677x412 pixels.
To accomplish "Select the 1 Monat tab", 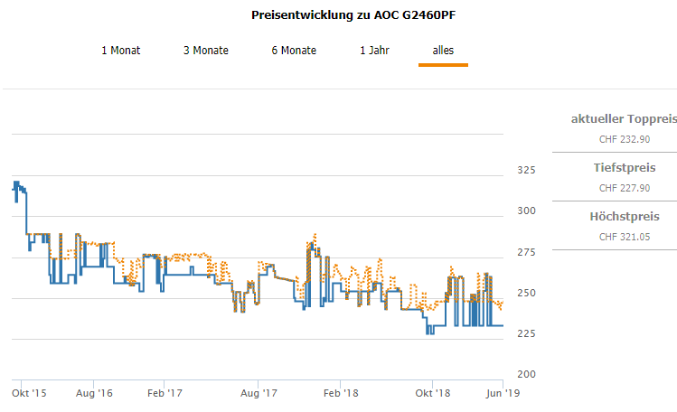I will click(121, 51).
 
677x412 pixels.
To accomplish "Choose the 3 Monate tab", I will click(206, 51).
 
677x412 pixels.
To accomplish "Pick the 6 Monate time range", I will click(294, 51).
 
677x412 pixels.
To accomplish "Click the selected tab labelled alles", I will click(443, 51).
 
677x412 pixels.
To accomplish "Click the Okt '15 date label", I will click(29, 393).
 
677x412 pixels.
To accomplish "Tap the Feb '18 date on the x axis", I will click(341, 393).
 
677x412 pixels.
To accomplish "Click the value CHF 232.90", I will click(625, 139).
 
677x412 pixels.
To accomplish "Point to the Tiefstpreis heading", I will click(625, 168).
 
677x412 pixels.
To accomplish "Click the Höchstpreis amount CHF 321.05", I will click(625, 237).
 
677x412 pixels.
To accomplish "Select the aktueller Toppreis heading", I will click(625, 119).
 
